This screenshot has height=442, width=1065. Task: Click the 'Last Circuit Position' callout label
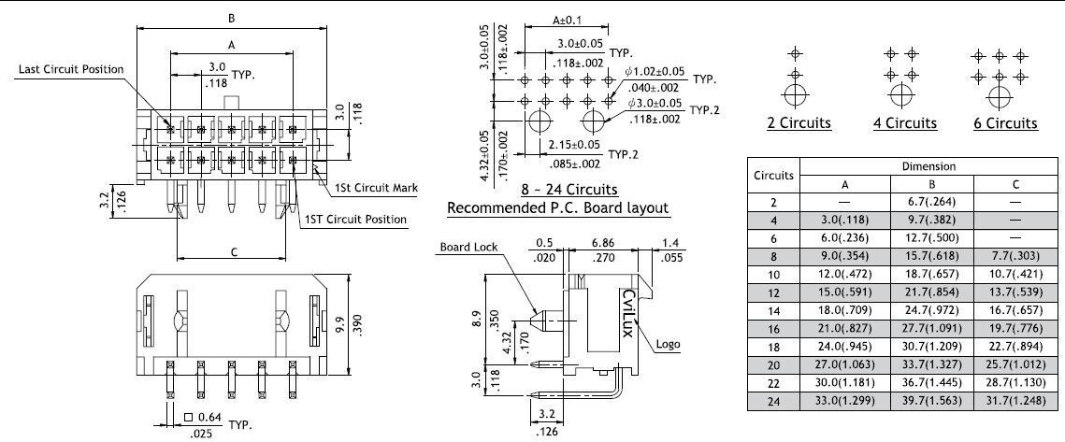tap(71, 70)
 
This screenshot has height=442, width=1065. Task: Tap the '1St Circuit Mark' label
tap(376, 188)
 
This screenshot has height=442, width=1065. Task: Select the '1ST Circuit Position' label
tap(355, 220)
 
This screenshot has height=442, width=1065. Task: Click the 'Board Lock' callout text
tap(468, 248)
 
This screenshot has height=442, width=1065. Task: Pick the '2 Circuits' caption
tap(799, 123)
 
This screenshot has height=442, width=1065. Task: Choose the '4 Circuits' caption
tap(904, 123)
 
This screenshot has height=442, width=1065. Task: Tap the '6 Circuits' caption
tap(1005, 123)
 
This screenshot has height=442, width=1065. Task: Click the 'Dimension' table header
tap(928, 166)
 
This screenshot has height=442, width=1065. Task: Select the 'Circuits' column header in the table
tap(773, 175)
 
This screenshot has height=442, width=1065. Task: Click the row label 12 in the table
tap(773, 292)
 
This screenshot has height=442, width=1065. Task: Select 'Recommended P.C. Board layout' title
tap(558, 207)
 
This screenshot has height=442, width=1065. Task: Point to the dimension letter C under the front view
tap(234, 251)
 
